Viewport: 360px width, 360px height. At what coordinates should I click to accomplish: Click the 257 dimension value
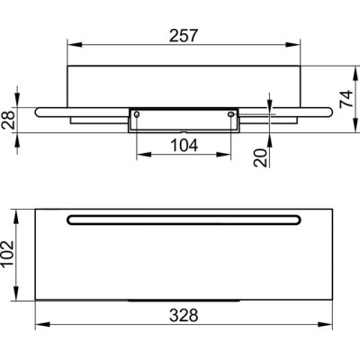click(184, 35)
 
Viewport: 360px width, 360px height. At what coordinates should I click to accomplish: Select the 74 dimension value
click(346, 99)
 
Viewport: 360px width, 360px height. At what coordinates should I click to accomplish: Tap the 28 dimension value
click(8, 120)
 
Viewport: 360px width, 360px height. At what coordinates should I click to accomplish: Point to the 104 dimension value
click(184, 146)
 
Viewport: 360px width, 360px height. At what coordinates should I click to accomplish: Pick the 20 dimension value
click(260, 157)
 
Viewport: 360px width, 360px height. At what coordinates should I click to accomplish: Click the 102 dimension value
click(8, 254)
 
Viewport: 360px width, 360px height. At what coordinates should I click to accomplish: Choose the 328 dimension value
click(184, 315)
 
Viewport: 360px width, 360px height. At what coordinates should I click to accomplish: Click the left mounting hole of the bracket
click(137, 114)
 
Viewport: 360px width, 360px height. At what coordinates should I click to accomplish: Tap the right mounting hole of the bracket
click(230, 114)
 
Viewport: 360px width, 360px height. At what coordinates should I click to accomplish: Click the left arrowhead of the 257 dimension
click(75, 44)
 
